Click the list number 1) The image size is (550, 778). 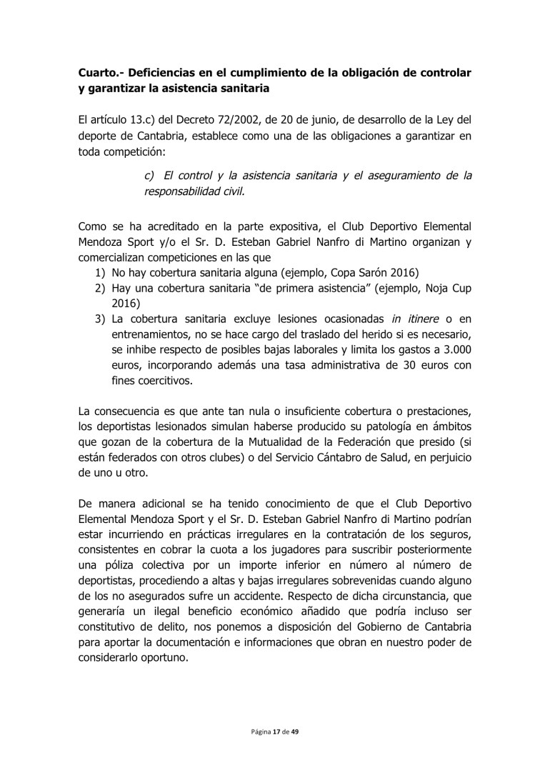[x=101, y=274]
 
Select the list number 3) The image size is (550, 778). [x=101, y=319]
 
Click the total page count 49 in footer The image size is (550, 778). [x=295, y=733]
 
